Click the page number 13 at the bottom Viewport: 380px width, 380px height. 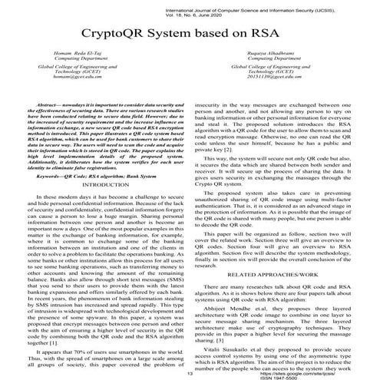[189, 372]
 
